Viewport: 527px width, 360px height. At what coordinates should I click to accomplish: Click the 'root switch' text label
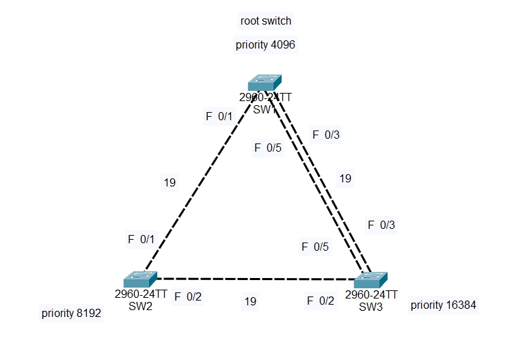pyautogui.click(x=265, y=20)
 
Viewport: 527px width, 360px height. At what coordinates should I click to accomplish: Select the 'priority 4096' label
pyautogui.click(x=265, y=44)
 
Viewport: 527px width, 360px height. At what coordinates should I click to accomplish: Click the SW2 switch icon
pyautogui.click(x=141, y=279)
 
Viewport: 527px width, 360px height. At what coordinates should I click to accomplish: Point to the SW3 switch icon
pyautogui.click(x=370, y=280)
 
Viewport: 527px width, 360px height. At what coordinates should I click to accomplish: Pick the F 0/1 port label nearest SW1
pyautogui.click(x=219, y=116)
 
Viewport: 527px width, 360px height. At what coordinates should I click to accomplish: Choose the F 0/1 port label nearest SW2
pyautogui.click(x=141, y=239)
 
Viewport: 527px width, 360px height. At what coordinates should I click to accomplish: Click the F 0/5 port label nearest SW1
pyautogui.click(x=267, y=147)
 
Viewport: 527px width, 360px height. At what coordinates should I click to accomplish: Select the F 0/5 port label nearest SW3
pyautogui.click(x=315, y=247)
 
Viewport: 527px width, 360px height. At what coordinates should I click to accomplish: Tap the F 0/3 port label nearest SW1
pyautogui.click(x=326, y=135)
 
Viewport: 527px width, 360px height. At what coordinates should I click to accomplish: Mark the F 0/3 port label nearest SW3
pyautogui.click(x=381, y=224)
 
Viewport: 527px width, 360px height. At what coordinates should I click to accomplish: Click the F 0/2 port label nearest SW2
pyautogui.click(x=188, y=296)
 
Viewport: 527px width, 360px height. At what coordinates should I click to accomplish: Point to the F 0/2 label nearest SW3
pyautogui.click(x=321, y=300)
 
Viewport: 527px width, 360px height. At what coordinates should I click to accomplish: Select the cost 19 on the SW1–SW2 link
pyautogui.click(x=170, y=182)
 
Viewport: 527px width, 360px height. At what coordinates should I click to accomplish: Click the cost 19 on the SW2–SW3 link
pyautogui.click(x=250, y=301)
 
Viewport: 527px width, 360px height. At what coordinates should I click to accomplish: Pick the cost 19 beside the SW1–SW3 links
pyautogui.click(x=345, y=178)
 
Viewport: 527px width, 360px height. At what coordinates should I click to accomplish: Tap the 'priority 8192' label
pyautogui.click(x=71, y=314)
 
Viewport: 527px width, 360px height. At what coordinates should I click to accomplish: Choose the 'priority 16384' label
pyautogui.click(x=441, y=305)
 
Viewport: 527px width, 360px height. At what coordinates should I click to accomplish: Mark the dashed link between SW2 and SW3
pyautogui.click(x=253, y=279)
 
